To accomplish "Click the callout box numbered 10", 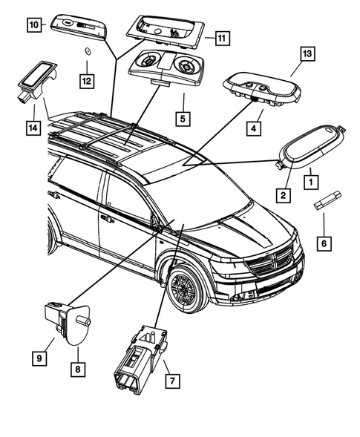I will click(x=34, y=24).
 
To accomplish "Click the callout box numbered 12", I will click(x=88, y=79).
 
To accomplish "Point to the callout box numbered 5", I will click(x=181, y=118).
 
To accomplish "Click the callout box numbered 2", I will click(x=283, y=195).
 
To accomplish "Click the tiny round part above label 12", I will click(x=87, y=51).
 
